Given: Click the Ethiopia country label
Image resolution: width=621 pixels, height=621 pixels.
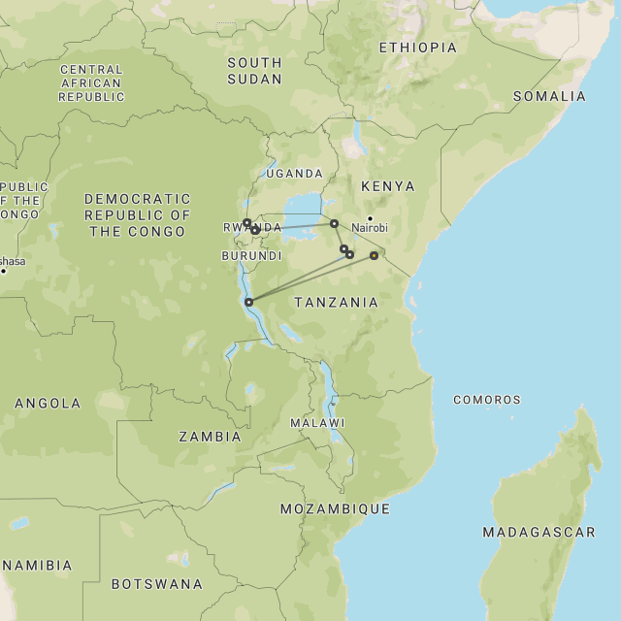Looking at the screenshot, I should [417, 48].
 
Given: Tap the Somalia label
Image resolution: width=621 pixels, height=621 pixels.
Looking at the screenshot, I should [549, 96].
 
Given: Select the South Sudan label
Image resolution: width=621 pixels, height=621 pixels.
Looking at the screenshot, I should [254, 70].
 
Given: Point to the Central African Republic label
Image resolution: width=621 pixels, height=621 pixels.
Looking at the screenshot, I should [91, 83].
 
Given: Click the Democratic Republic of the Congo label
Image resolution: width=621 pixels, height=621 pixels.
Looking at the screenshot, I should [137, 214].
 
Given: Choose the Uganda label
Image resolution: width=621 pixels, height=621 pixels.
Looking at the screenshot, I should [294, 174].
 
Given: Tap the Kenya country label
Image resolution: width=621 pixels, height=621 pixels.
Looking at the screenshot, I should [387, 186].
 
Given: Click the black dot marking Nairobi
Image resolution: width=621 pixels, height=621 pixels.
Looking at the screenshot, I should [370, 217].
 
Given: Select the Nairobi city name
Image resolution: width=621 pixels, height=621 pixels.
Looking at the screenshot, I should [370, 228].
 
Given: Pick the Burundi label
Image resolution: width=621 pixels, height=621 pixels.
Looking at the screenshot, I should [251, 256].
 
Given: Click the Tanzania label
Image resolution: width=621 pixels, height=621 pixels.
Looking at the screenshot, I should [336, 303].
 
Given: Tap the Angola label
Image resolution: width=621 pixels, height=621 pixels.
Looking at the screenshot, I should [48, 403].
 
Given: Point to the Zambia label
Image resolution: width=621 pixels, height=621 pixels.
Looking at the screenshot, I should [210, 437].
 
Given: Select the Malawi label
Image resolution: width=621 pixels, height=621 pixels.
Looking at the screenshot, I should [317, 423].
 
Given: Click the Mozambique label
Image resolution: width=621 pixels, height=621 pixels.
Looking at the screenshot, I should [335, 508].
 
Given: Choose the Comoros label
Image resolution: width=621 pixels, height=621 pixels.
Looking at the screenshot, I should [486, 400].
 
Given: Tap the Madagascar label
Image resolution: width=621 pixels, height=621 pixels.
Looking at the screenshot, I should [539, 533].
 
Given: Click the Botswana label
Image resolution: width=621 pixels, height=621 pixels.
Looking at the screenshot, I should [156, 584].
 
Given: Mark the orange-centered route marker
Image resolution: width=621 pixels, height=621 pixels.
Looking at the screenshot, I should [374, 256].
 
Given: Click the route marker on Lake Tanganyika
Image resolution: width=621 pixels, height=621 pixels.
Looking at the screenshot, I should [249, 302].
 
